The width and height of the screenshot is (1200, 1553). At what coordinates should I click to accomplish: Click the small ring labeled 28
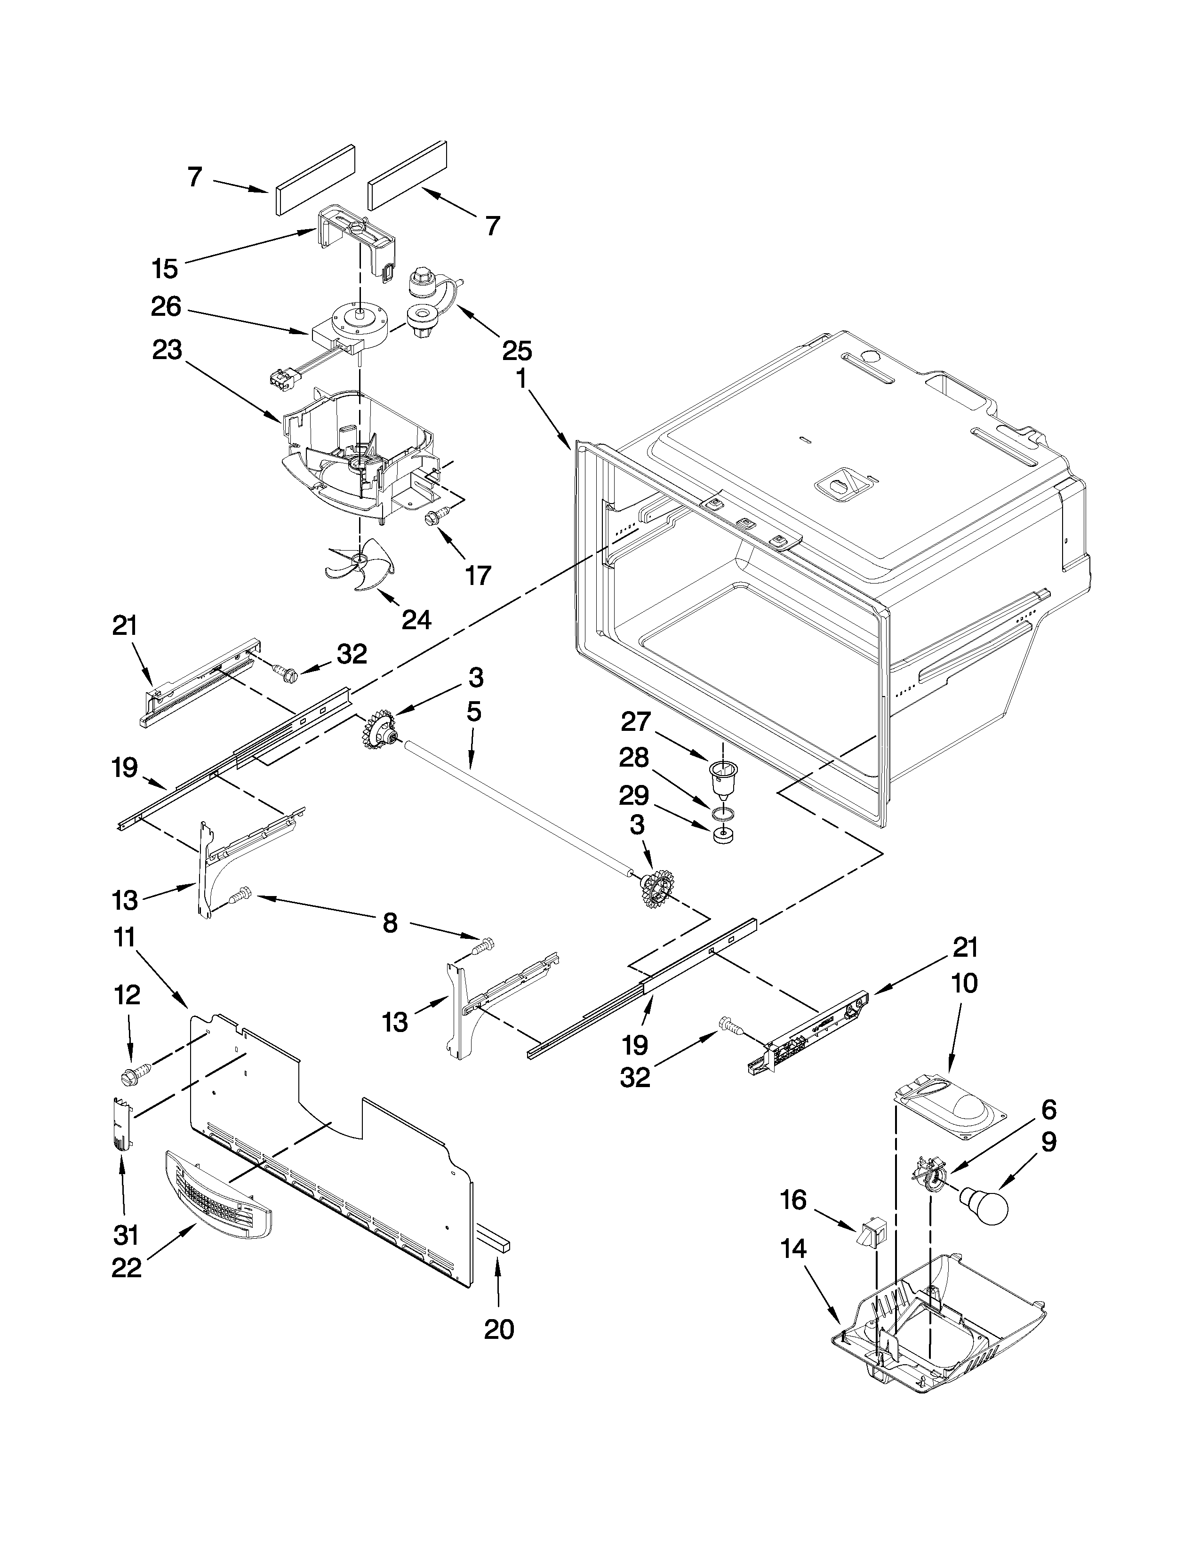click(x=723, y=812)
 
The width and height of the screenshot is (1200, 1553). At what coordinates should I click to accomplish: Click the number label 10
click(x=965, y=984)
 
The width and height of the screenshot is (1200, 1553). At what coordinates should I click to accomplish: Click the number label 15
click(x=164, y=269)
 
